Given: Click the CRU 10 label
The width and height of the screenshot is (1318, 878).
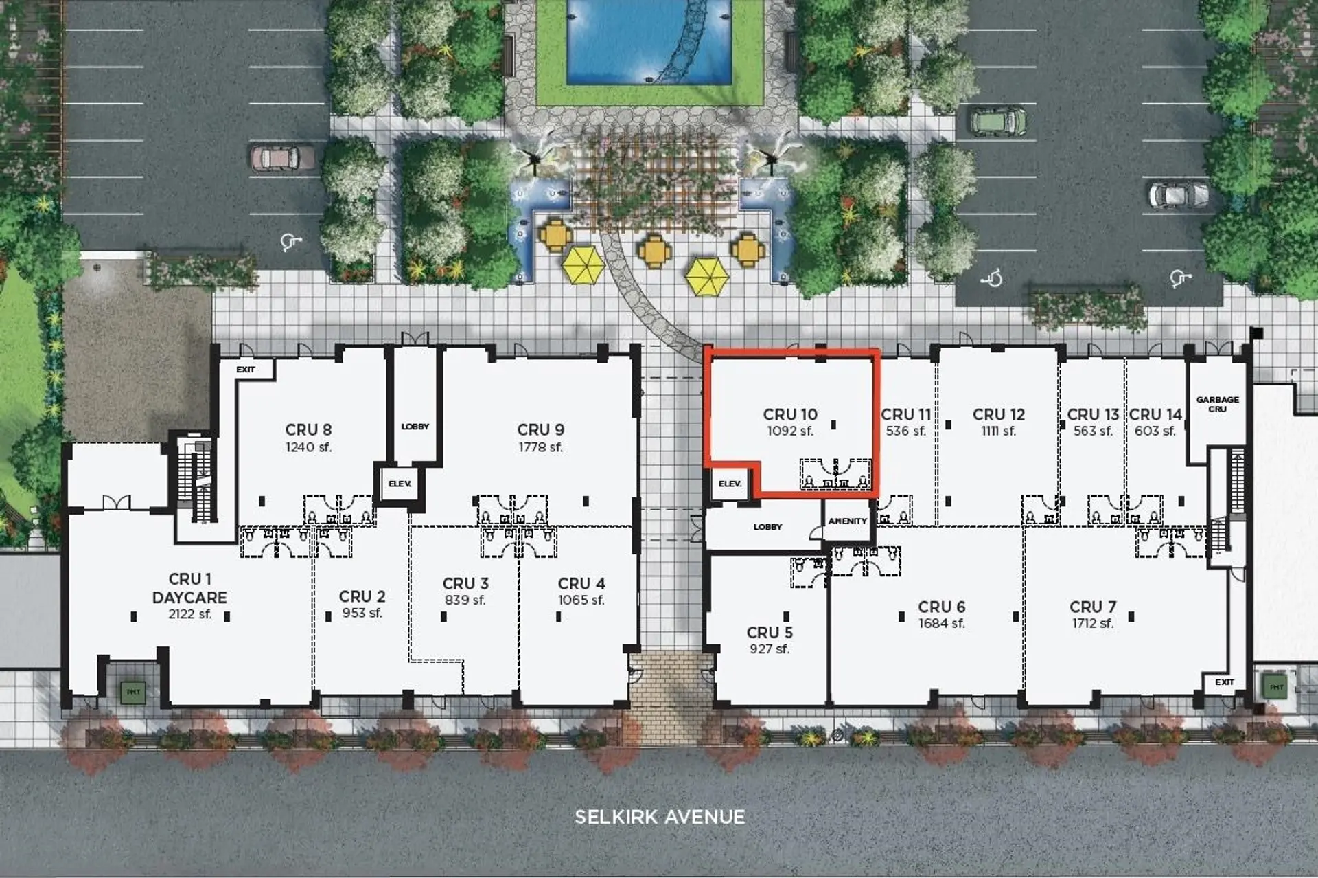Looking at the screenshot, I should point(790,414).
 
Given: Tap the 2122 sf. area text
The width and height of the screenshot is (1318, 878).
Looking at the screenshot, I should point(189,614).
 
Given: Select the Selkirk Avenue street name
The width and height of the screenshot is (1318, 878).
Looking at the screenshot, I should point(659,817).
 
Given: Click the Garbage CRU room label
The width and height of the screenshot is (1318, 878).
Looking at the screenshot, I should point(1217,404).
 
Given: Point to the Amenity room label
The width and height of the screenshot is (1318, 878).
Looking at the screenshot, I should point(847,521).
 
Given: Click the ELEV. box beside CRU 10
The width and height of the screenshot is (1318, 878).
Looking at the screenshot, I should point(730,484).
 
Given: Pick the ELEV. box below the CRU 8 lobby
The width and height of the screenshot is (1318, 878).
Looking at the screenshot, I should point(400,484).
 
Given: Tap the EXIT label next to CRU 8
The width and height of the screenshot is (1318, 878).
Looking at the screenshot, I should point(246,370).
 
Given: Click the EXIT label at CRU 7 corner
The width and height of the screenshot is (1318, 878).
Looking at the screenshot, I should point(1224,682).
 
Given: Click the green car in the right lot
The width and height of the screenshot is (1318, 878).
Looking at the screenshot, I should point(998,122).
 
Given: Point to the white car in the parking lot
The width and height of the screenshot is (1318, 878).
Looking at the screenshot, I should point(1177,194).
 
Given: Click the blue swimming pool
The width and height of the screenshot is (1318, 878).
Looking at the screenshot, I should point(648,41).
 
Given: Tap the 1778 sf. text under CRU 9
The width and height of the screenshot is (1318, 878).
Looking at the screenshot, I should point(540,447).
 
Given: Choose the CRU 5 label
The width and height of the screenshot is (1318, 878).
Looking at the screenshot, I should point(770,632).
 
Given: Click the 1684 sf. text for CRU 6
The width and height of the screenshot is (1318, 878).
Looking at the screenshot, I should point(941,624).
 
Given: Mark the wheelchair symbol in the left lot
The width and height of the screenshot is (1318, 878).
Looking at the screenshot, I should point(290,242).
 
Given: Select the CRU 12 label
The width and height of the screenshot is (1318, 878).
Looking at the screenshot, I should point(998,414).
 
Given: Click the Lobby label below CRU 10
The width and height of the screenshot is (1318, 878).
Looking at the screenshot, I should point(767,527).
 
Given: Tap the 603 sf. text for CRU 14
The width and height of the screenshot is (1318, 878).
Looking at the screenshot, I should point(1155,431).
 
